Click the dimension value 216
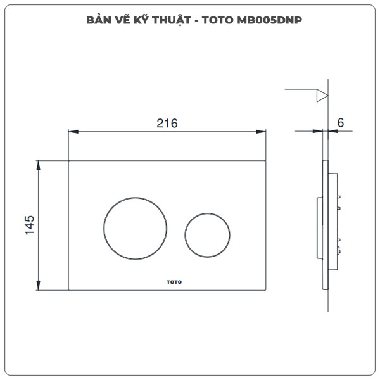167,123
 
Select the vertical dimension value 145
29,225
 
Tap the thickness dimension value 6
340,123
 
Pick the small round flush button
206,234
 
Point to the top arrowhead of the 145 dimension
40,164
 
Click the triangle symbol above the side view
322,96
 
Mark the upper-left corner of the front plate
68,160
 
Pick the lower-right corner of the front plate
265,290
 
